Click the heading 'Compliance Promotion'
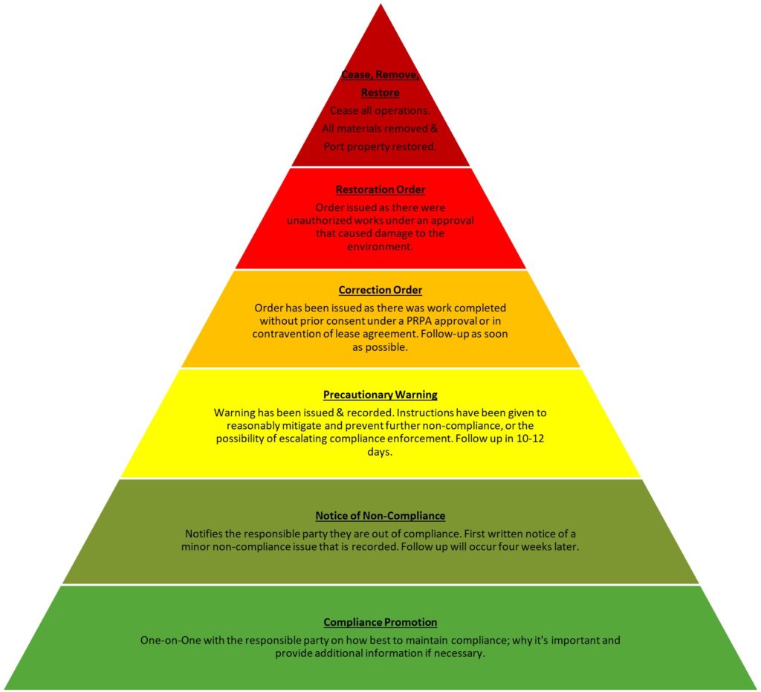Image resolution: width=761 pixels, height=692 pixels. tap(380, 622)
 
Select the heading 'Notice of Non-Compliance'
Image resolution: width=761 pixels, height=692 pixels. tap(380, 515)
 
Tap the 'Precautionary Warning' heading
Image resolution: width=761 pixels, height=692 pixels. tap(380, 395)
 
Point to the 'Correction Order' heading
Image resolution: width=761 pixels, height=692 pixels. tap(380, 290)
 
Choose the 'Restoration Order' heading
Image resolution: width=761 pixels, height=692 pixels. tap(380, 190)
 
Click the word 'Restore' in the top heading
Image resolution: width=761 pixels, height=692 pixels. tap(380, 92)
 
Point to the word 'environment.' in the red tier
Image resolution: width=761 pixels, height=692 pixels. tap(380, 247)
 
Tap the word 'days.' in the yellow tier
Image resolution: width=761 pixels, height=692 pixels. tap(380, 452)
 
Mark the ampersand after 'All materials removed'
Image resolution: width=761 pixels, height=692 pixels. tap(434, 129)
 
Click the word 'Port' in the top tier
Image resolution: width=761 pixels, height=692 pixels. tap(334, 146)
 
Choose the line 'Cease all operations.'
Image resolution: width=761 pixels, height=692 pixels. tap(380, 111)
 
